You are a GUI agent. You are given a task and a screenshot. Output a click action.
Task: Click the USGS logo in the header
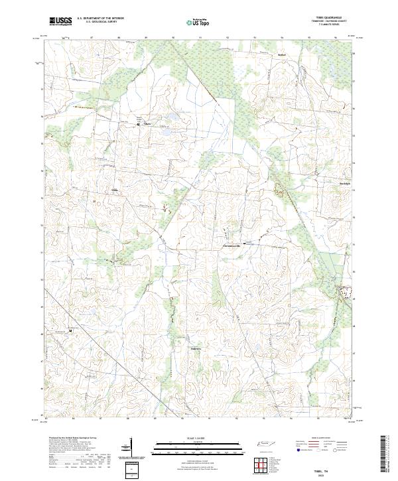(60, 23)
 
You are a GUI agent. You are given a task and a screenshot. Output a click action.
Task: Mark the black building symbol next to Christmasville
(247, 243)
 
